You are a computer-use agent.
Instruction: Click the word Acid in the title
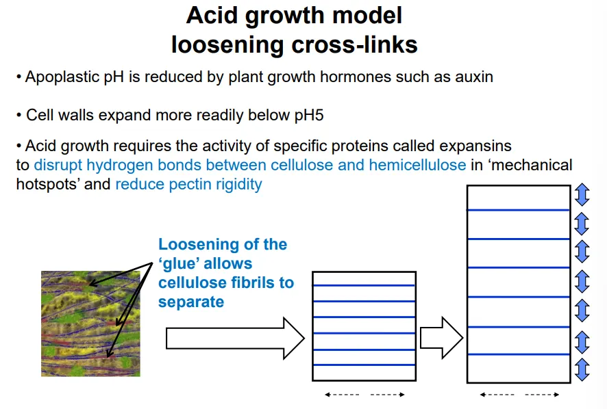click(x=213, y=15)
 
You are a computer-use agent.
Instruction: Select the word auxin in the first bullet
click(x=473, y=77)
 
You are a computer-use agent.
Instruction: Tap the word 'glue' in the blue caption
click(x=180, y=263)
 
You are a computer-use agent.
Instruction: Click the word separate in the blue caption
click(x=191, y=302)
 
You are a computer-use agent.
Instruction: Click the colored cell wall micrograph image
click(x=90, y=324)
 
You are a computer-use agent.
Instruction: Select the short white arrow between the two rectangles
click(x=441, y=337)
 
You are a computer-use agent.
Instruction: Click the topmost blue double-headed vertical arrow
click(x=582, y=196)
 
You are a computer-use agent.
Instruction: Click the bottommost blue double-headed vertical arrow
click(x=582, y=370)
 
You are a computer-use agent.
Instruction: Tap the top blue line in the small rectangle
click(x=364, y=285)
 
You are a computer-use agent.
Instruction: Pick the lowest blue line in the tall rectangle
click(x=519, y=354)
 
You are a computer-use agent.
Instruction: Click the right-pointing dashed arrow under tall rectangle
click(x=543, y=394)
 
